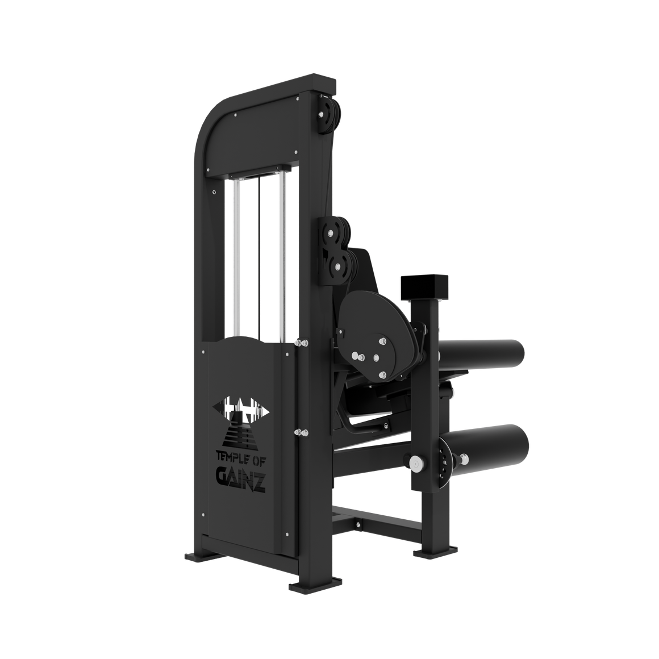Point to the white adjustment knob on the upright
(x=418, y=464)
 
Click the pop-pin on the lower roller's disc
(x=465, y=457)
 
